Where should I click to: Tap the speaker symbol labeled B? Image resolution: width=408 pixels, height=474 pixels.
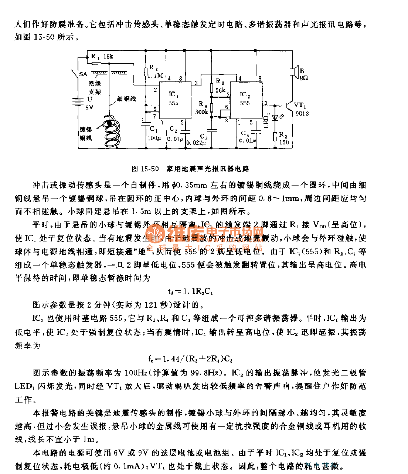(x=293, y=71)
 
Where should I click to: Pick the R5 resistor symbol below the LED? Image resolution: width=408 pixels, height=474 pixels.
(x=275, y=136)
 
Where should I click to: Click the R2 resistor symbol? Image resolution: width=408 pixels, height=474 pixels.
(x=146, y=71)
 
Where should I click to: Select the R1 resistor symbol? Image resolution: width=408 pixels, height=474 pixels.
(x=96, y=63)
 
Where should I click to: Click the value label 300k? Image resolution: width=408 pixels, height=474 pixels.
(x=201, y=112)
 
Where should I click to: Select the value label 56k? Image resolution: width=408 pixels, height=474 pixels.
(x=220, y=90)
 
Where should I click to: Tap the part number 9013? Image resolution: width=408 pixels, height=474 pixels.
(x=302, y=113)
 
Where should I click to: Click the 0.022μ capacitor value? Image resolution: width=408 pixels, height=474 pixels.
(x=196, y=143)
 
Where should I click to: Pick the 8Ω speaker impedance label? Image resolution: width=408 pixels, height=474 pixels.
(x=303, y=78)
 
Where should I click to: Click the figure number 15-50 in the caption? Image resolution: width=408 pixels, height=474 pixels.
(x=150, y=169)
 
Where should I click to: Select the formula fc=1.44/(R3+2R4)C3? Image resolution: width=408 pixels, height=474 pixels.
(x=190, y=359)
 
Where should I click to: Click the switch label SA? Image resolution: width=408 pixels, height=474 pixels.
(x=83, y=74)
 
